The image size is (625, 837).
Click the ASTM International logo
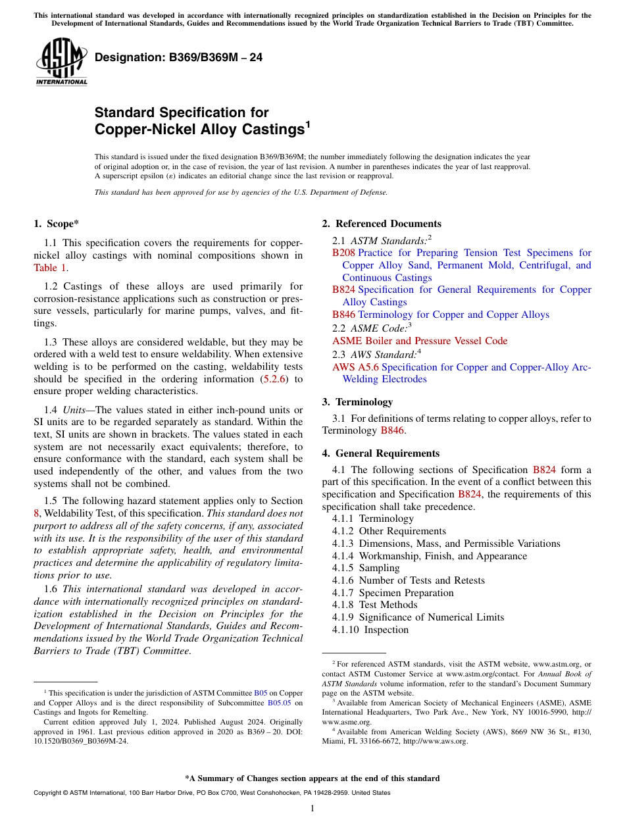[61, 62]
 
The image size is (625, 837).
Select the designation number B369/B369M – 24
[179, 58]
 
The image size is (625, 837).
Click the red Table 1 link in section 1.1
[50, 268]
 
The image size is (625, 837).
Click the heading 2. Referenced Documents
[382, 224]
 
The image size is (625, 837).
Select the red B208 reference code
[343, 253]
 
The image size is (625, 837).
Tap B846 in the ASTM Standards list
[343, 315]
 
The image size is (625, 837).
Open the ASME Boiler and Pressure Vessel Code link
[420, 341]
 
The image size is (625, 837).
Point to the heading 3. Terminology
[357, 402]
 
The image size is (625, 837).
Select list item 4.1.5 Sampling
[366, 568]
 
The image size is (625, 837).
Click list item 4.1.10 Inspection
[370, 630]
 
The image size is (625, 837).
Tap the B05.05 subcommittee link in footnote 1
[279, 702]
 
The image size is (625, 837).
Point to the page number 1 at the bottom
[312, 809]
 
